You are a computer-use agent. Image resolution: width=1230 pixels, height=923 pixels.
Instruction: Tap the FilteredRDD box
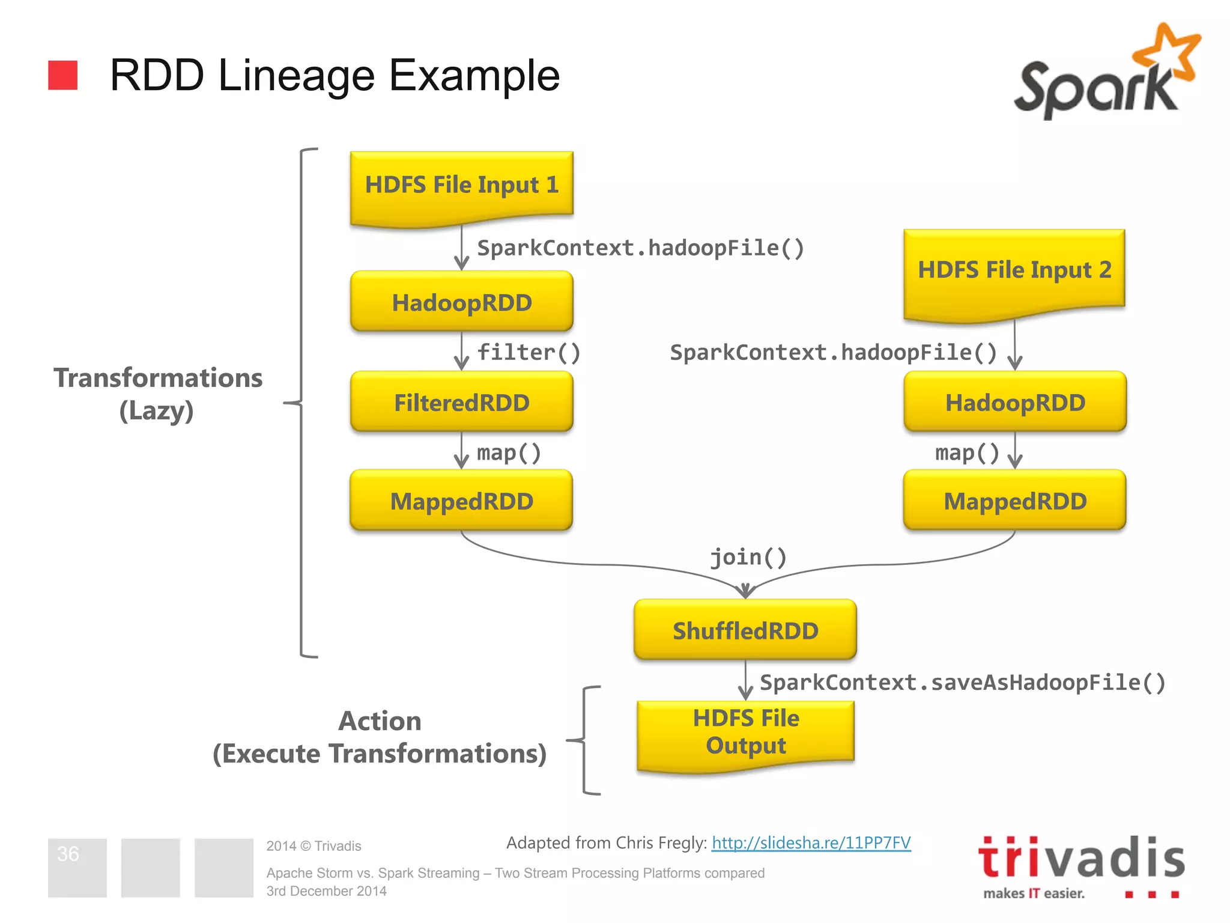pos(461,402)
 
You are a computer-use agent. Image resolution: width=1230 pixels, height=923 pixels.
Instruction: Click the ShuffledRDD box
pos(745,630)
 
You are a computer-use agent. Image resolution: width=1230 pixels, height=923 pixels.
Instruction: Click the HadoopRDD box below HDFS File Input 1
pos(461,302)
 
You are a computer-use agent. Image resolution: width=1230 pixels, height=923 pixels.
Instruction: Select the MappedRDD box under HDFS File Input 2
pos(1015,501)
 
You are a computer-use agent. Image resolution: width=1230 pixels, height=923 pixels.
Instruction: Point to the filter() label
pos(529,352)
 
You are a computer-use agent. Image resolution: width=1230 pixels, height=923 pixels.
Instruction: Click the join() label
pos(748,557)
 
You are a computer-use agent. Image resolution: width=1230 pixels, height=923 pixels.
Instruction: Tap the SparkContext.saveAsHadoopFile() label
pos(962,683)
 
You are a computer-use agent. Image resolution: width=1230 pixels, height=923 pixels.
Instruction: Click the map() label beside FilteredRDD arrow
pos(509,452)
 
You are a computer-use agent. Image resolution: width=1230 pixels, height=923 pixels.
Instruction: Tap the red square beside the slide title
pos(63,75)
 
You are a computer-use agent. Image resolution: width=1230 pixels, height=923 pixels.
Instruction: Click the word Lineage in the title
pos(297,76)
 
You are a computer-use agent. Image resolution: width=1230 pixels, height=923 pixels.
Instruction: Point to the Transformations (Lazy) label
pos(158,394)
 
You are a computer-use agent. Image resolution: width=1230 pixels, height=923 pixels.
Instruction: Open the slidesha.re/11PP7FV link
pos(811,842)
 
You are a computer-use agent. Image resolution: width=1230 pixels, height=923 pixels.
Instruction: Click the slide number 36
pos(68,854)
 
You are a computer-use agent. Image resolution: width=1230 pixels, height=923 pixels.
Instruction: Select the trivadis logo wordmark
pos(1081,858)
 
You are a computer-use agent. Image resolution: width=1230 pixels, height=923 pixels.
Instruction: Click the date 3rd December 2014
pos(326,891)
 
